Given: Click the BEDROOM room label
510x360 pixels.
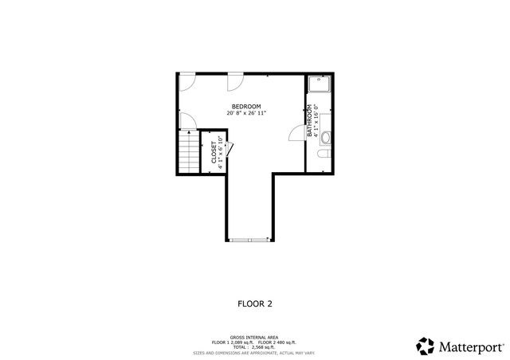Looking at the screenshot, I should (x=246, y=107).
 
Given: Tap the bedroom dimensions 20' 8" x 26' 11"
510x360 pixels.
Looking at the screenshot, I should (x=246, y=114).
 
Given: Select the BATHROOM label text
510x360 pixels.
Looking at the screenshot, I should (x=309, y=122).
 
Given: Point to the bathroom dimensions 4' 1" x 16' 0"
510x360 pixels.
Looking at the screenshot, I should (x=316, y=122).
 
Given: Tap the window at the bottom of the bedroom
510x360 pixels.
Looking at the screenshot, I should (x=249, y=240).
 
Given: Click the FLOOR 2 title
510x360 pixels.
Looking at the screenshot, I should (x=255, y=303).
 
